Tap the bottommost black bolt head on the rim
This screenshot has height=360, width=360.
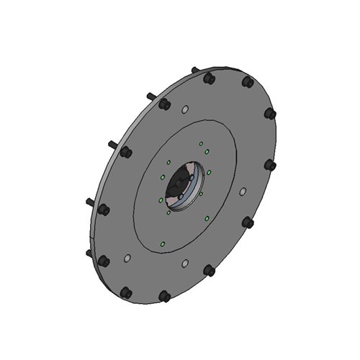[164, 295]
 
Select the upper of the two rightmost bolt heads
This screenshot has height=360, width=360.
[271, 114]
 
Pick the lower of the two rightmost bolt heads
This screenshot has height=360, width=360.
[270, 165]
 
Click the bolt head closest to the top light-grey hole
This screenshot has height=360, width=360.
[164, 104]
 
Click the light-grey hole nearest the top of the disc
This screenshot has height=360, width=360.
[185, 110]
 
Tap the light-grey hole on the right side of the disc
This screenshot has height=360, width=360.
[243, 192]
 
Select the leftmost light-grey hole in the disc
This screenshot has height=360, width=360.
[127, 257]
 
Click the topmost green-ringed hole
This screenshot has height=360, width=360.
[201, 143]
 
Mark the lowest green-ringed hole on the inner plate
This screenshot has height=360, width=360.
[163, 243]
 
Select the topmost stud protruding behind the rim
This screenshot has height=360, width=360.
[195, 70]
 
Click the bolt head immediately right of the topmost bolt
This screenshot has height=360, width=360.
[247, 83]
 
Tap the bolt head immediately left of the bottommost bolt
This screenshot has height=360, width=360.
[127, 292]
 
